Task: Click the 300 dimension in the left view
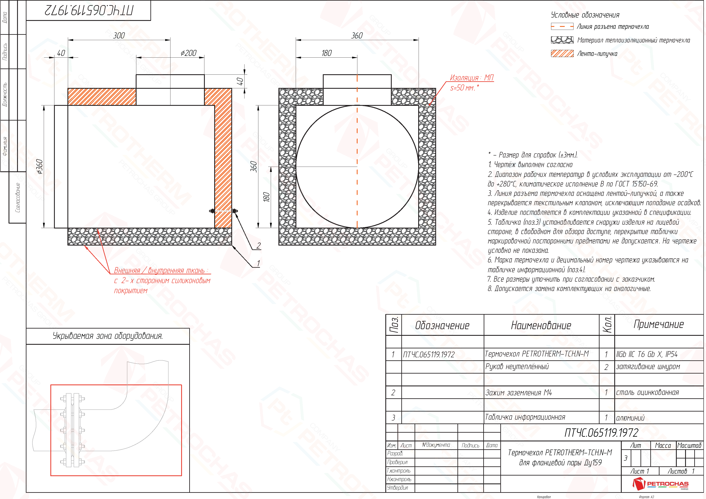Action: click(x=119, y=36)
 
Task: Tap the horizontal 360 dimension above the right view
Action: click(x=357, y=36)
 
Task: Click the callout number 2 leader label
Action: click(x=259, y=246)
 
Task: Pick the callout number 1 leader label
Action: click(x=258, y=263)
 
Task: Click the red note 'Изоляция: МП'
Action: click(x=472, y=78)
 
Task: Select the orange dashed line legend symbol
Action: click(x=562, y=27)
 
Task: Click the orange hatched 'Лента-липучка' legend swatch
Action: click(x=562, y=54)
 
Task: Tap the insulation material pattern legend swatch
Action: click(x=562, y=40)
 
